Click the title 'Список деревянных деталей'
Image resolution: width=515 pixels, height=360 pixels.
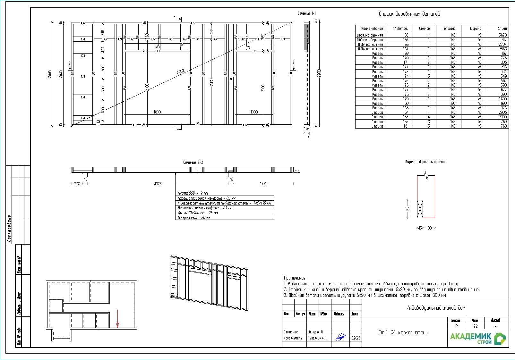click(409, 14)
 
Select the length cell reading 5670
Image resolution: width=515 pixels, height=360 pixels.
click(502, 35)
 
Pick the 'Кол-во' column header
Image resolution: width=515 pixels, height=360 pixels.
click(424, 29)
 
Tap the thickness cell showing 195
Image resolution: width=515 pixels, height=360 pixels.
click(452, 103)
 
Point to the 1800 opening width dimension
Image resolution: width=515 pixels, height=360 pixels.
click(157, 112)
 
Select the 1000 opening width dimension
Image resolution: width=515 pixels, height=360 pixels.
click(254, 112)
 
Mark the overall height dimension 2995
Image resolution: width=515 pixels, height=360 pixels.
click(50, 74)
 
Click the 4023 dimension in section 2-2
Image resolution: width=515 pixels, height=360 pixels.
click(158, 184)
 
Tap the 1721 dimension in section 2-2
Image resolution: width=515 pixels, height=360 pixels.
click(263, 184)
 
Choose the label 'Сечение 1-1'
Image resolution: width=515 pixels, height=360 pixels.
click(306, 13)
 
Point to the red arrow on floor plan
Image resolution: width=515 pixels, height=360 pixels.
click(117, 319)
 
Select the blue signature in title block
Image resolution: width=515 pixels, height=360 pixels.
click(340, 337)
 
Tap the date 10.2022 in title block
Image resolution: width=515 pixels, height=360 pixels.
click(355, 338)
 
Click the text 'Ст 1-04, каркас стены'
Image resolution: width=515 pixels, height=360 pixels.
click(403, 333)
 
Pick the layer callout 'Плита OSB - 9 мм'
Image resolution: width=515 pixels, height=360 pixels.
click(193, 193)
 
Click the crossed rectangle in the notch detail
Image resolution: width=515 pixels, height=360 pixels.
click(420, 209)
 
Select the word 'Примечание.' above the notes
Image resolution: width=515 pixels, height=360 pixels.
click(295, 278)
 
